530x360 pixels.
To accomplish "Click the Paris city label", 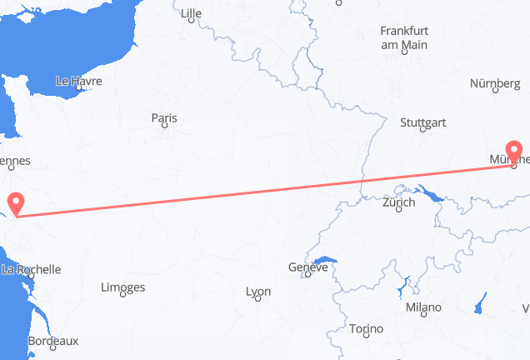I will tap(164, 118).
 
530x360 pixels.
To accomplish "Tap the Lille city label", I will tap(192, 13).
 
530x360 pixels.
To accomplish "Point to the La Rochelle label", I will tap(32, 269).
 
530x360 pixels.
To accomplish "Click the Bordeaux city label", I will tap(53, 341).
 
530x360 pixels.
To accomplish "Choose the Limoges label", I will tap(122, 287).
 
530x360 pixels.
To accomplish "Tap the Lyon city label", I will tap(258, 292).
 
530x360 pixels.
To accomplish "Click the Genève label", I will tap(306, 268).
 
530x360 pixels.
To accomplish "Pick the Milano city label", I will tap(423, 307).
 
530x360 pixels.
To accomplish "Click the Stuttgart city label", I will tap(422, 122).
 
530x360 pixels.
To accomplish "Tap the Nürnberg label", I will tap(494, 83).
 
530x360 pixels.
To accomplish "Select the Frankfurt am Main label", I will tap(403, 37).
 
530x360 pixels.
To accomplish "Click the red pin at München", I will tap(513, 152).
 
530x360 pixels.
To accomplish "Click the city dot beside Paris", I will tap(165, 126).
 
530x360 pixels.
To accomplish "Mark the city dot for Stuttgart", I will tap(422, 130).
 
